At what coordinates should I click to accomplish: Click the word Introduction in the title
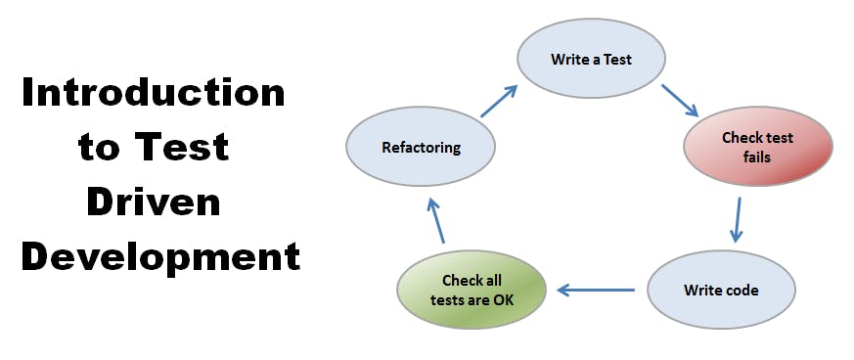154,94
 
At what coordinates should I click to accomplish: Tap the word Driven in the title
154,202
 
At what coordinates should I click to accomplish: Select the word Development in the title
160,256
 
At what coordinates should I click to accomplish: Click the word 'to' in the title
100,149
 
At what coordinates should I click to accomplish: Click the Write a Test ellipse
591,59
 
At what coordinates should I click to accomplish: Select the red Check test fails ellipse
757,147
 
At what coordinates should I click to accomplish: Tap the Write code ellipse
721,290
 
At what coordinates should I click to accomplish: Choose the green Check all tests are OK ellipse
472,290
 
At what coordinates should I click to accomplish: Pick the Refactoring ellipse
421,148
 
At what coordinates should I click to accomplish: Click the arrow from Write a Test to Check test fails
679,100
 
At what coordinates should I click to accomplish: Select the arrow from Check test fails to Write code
737,220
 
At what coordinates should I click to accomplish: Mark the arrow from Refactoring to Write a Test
499,101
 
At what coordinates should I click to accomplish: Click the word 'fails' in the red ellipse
757,156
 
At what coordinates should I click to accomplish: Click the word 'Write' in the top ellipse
570,59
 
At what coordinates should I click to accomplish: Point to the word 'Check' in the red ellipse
742,138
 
